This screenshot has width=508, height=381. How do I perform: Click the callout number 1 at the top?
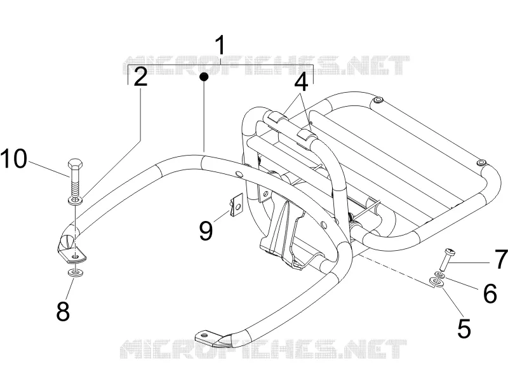pyautogui.click(x=220, y=45)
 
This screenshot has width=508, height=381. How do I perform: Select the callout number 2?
pyautogui.click(x=140, y=77)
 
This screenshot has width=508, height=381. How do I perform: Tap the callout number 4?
pyautogui.click(x=301, y=82)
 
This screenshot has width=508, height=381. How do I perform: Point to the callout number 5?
pyautogui.click(x=464, y=328)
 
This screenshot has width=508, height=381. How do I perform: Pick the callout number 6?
pyautogui.click(x=490, y=293)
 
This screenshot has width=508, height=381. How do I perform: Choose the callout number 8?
pyautogui.click(x=63, y=311)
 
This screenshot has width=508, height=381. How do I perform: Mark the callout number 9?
pyautogui.click(x=206, y=231)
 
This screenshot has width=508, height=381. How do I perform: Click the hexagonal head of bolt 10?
pyautogui.click(x=75, y=164)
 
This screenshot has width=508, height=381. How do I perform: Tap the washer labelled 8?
pyautogui.click(x=75, y=272)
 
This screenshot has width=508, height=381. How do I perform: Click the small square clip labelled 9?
pyautogui.click(x=237, y=205)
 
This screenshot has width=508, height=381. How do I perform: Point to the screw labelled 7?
pyautogui.click(x=447, y=260)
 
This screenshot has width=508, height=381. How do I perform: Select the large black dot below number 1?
pyautogui.click(x=204, y=77)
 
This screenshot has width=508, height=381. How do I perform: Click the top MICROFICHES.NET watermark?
pyautogui.click(x=265, y=65)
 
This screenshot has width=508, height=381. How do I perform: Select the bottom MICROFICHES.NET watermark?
pyautogui.click(x=263, y=349)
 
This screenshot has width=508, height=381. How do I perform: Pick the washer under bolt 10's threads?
pyautogui.click(x=75, y=201)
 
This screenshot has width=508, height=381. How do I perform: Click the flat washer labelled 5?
pyautogui.click(x=436, y=283)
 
